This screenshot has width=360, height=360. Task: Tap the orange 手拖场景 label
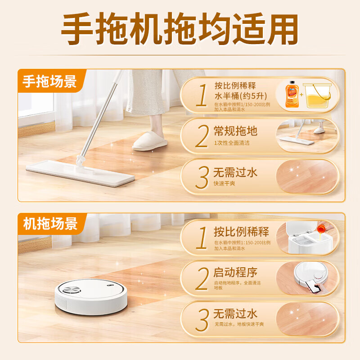50,82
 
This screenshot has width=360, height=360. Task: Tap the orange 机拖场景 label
50,224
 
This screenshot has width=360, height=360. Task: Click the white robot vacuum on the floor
92,297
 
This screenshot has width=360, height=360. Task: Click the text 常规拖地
236,131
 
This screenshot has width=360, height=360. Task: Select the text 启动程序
236,272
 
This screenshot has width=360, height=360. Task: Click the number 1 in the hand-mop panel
202,95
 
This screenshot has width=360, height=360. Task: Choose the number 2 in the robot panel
202,279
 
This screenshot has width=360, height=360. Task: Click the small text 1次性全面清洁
232,143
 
